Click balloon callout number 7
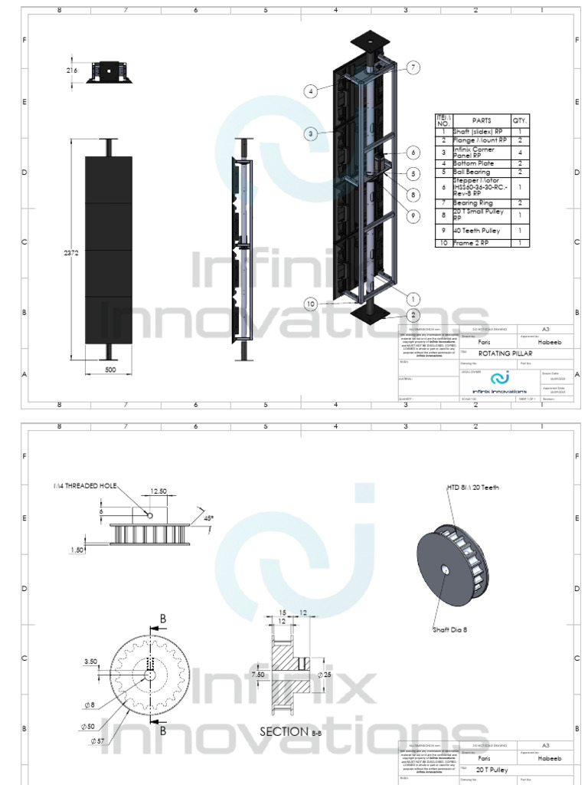pyautogui.click(x=413, y=67)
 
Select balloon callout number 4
pyautogui.click(x=310, y=91)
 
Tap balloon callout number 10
pyautogui.click(x=310, y=304)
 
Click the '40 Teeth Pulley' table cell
pyautogui.click(x=477, y=230)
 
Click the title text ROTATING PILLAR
pyautogui.click(x=504, y=353)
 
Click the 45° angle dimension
pyautogui.click(x=209, y=517)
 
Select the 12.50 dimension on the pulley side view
pyautogui.click(x=158, y=491)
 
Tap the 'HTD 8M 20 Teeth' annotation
pyautogui.click(x=472, y=488)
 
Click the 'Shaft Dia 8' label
pyautogui.click(x=451, y=629)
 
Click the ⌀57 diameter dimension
pyautogui.click(x=97, y=741)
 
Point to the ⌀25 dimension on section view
pyautogui.click(x=326, y=675)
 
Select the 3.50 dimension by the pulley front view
pyautogui.click(x=91, y=660)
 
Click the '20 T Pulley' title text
pyautogui.click(x=492, y=769)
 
